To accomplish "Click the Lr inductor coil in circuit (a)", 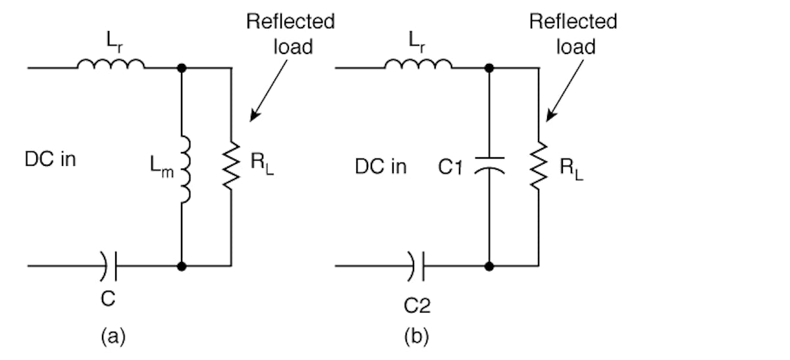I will pyautogui.click(x=111, y=64).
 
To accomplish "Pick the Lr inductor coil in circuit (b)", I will pyautogui.click(x=418, y=64).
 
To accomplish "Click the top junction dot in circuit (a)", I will pyautogui.click(x=182, y=67).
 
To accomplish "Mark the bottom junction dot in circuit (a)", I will pyautogui.click(x=182, y=266).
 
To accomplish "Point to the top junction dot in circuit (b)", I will pyautogui.click(x=488, y=67).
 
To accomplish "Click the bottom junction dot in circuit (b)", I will pyautogui.click(x=488, y=266).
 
